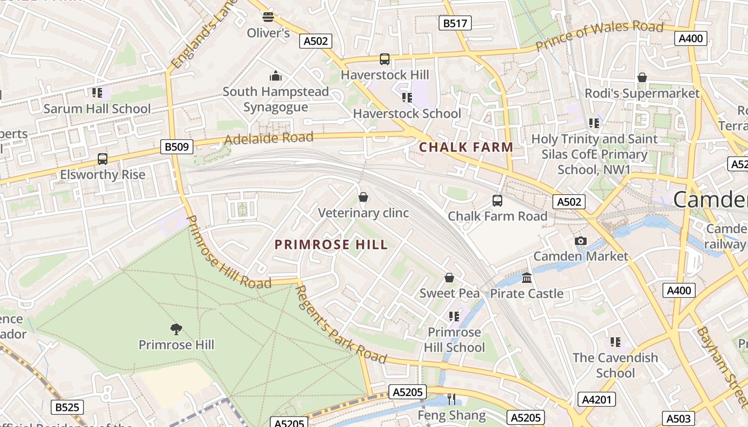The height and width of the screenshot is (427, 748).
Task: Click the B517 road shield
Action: (455, 23)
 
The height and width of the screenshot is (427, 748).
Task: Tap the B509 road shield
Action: (177, 147)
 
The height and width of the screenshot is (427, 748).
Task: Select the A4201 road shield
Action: (596, 399)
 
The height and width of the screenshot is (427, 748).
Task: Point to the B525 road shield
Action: (67, 408)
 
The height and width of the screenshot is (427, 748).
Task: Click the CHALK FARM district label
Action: (466, 147)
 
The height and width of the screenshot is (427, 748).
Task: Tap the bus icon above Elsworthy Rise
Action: (102, 159)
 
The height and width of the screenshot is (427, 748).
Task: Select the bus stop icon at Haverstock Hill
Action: (385, 59)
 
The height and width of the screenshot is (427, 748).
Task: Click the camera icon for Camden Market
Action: (581, 241)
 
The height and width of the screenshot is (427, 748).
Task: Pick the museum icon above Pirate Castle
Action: (527, 278)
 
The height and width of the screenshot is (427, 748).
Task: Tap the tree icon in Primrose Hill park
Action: (176, 329)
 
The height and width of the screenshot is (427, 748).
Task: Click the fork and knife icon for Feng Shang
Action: (451, 399)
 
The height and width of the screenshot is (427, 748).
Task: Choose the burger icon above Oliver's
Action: (268, 17)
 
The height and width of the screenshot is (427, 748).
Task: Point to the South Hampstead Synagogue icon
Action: (276, 76)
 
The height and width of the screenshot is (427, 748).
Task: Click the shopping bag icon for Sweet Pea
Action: (449, 278)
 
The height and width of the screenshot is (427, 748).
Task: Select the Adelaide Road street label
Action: (269, 138)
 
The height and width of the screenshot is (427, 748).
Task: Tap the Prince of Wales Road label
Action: (599, 36)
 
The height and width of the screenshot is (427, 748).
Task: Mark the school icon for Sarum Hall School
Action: (97, 93)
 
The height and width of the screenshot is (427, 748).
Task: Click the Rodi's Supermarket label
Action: (642, 93)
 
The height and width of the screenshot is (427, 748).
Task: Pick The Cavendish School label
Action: (615, 365)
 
